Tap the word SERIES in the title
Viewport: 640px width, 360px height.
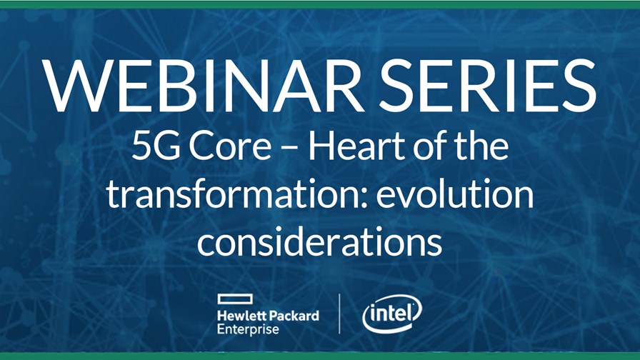pyautogui.click(x=487, y=86)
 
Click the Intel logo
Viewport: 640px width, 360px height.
pyautogui.click(x=392, y=314)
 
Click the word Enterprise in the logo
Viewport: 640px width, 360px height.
pyautogui.click(x=248, y=329)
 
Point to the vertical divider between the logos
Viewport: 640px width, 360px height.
pyautogui.click(x=339, y=314)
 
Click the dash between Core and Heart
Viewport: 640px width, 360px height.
pyautogui.click(x=290, y=150)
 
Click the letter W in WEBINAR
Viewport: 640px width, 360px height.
pyautogui.click(x=77, y=86)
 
